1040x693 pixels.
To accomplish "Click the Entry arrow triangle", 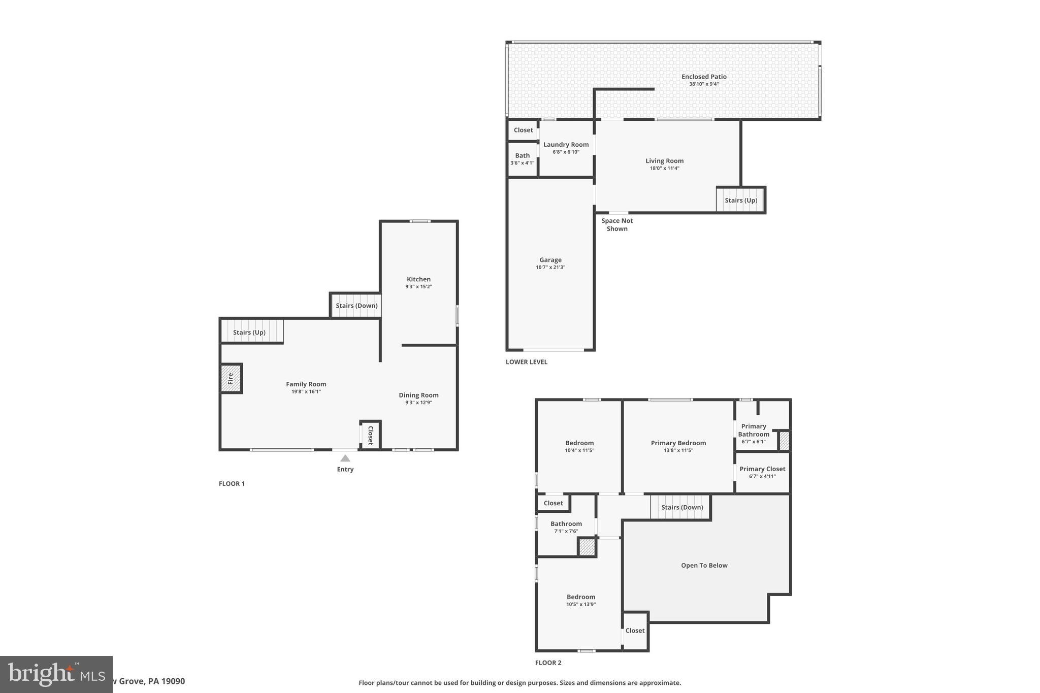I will [345, 458].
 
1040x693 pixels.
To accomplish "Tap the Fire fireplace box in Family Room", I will [231, 378].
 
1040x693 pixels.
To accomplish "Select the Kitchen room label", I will [418, 279].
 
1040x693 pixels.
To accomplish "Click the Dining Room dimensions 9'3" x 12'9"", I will [418, 403].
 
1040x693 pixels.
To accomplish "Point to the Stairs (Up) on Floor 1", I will [249, 333].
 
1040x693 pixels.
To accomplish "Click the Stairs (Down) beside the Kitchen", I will [356, 306].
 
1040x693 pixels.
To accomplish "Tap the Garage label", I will [550, 260].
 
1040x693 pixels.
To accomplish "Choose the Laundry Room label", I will [566, 145].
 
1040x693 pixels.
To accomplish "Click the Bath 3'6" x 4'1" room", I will [523, 159].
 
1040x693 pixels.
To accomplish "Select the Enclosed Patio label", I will [704, 77].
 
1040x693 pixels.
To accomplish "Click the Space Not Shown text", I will [617, 224].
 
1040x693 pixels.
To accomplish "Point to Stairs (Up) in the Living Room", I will [741, 201].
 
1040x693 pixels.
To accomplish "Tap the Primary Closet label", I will [762, 469].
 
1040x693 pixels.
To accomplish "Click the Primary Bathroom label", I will [754, 430].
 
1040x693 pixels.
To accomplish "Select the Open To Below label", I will [704, 566].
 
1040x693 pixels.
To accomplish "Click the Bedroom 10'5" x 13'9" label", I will [581, 597].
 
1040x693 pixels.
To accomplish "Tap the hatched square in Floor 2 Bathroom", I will [587, 547].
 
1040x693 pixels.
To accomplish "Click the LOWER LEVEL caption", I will [527, 362].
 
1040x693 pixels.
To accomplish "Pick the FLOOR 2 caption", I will [548, 663].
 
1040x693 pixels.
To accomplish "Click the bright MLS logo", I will [56, 674].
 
